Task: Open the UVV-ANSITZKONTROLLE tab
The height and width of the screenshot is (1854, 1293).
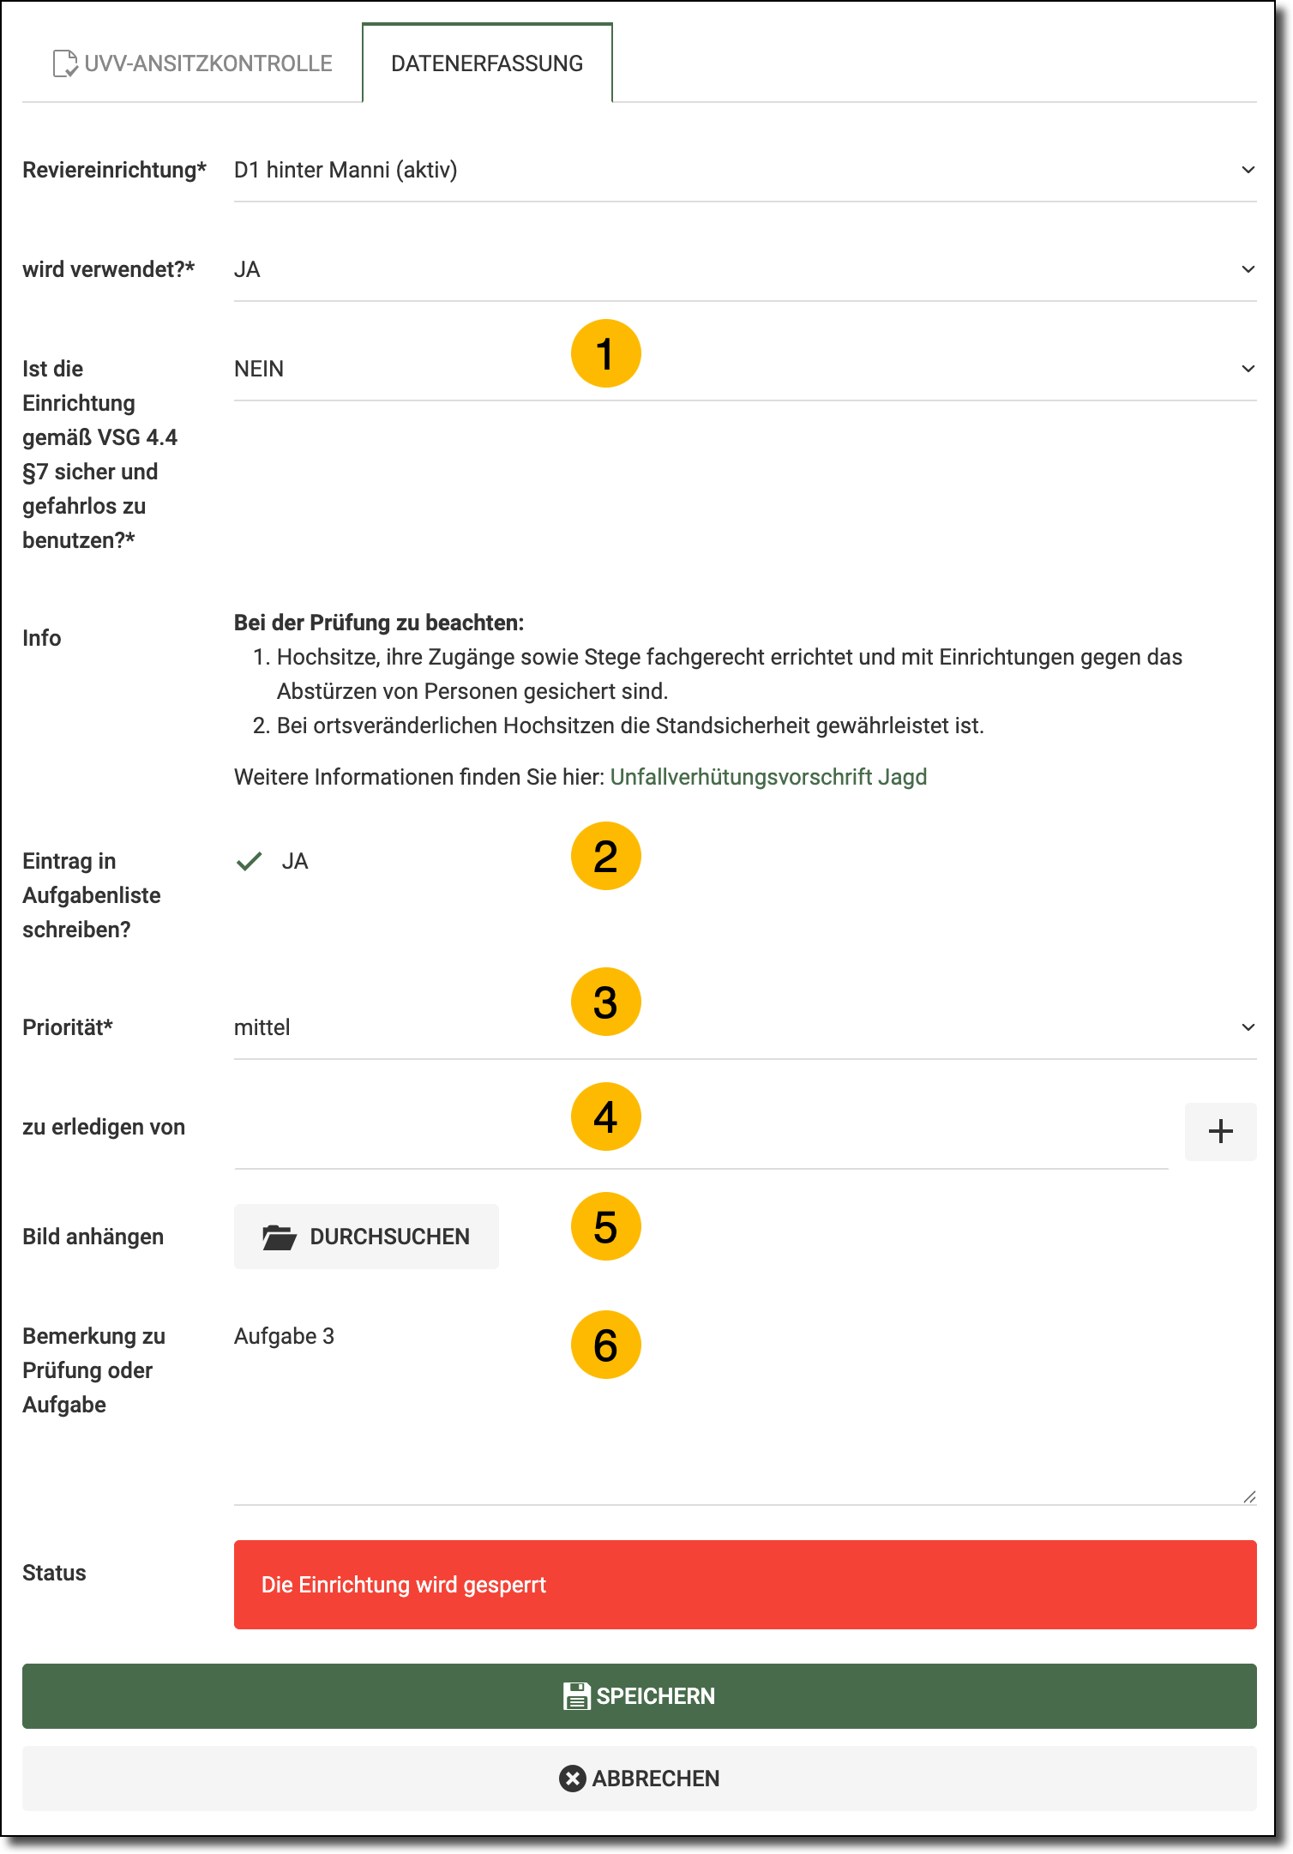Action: (193, 63)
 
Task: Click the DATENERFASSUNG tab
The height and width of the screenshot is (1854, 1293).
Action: (487, 63)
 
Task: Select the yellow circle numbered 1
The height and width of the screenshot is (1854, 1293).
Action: (605, 353)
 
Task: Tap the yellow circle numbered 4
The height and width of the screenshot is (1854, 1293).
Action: (605, 1117)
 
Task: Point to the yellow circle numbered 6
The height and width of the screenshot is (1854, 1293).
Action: (605, 1345)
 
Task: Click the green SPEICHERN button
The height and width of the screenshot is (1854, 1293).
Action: (639, 1695)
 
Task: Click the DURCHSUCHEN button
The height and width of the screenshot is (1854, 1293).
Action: (366, 1237)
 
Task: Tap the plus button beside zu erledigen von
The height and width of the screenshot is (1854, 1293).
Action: (1220, 1131)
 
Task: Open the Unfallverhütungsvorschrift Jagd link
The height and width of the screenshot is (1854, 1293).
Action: (768, 777)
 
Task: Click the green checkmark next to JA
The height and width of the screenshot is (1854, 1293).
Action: (249, 861)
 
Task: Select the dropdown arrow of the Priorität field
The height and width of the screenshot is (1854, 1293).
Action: (1248, 1027)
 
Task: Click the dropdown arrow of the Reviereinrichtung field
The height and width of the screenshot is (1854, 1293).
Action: (1248, 170)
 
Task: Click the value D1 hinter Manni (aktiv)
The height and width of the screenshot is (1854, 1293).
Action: (346, 170)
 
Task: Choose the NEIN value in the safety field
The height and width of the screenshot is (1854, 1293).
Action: (259, 369)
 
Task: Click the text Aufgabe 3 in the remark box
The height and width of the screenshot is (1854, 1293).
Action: (284, 1336)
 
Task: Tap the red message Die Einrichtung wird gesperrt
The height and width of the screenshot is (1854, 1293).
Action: (403, 1585)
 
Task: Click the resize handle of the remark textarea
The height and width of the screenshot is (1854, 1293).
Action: (1249, 1496)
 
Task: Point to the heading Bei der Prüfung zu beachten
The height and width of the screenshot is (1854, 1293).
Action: (378, 623)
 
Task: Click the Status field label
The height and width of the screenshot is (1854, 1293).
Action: (54, 1573)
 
